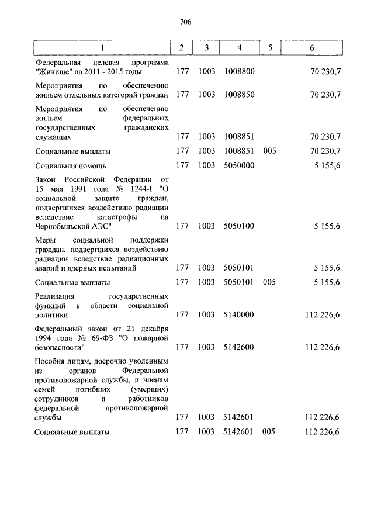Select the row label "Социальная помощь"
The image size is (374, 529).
(x=70, y=165)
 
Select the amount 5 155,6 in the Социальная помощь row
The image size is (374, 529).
(x=327, y=165)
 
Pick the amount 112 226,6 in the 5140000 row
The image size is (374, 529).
(x=323, y=315)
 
